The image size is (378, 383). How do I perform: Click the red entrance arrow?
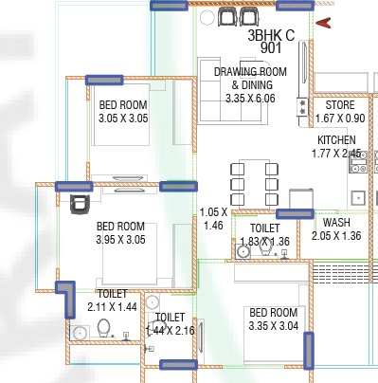click(323, 23)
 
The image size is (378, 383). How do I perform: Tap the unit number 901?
click(271, 48)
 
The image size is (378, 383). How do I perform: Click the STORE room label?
click(340, 105)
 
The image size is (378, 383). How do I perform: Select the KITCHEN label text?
click(336, 140)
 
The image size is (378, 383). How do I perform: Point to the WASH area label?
click(336, 223)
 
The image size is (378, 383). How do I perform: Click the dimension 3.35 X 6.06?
click(250, 99)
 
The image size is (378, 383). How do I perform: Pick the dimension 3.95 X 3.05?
click(120, 240)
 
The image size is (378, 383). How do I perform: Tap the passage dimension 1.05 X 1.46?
click(213, 219)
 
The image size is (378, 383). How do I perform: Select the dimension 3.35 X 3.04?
click(274, 326)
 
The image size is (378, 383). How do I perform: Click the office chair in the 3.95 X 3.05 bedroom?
click(80, 204)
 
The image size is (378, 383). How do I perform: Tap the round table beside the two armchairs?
click(207, 18)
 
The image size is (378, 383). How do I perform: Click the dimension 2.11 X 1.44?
click(112, 307)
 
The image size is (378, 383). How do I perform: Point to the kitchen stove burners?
click(358, 162)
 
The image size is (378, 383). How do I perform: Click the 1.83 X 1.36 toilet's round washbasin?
click(243, 252)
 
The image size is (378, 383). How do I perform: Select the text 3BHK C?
click(271, 35)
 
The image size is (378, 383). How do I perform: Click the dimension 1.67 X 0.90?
click(340, 119)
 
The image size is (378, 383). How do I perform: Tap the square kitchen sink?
click(358, 198)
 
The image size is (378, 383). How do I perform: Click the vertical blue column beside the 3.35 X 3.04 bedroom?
click(309, 351)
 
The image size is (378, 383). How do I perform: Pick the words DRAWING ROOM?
click(250, 72)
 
